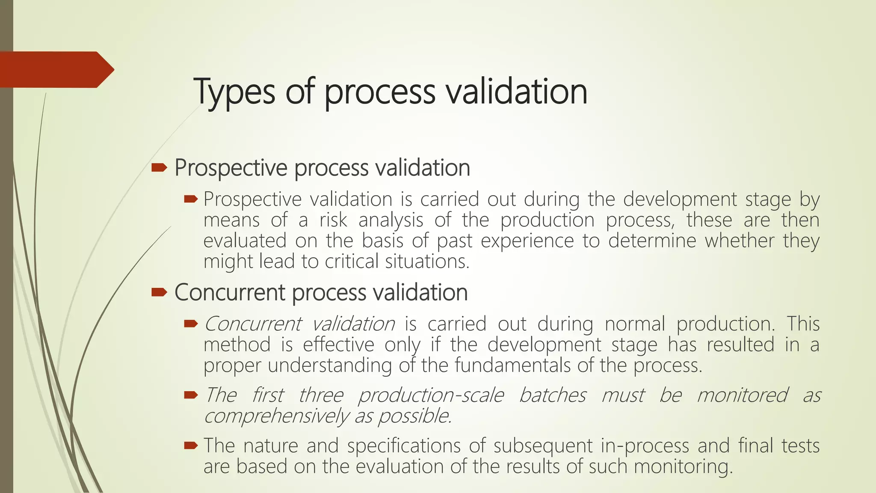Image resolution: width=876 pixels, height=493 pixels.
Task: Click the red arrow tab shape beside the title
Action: pos(56,69)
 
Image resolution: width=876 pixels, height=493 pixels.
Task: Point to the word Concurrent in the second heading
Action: pos(230,293)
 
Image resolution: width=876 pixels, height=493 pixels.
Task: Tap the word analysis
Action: pos(391,220)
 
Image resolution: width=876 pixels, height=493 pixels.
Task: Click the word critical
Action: pos(352,261)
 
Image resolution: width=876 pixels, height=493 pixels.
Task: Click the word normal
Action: pos(635,324)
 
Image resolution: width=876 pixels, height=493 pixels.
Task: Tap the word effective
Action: pos(338,345)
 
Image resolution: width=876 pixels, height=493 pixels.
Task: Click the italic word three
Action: pos(321,395)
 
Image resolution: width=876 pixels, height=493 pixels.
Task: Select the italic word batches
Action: pos(552,395)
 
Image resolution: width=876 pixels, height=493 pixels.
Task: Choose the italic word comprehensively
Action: pos(276,416)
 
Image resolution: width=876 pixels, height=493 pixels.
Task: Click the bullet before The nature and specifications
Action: pos(191,445)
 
